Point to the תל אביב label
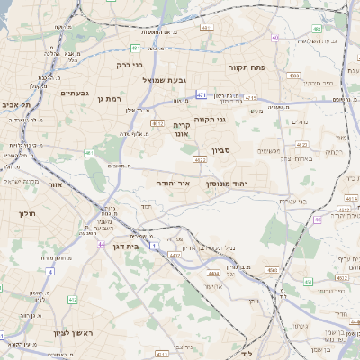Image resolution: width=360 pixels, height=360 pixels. tap(17, 105)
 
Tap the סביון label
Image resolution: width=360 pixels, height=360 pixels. tap(222, 150)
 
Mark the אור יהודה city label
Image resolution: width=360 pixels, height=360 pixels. tap(173, 183)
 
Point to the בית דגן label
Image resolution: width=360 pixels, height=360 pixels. tap(130, 245)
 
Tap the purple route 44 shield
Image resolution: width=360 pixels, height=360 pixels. tap(102, 244)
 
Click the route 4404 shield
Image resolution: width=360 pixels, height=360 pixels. tap(213, 272)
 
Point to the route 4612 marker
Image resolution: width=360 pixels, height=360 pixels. tap(157, 123)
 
